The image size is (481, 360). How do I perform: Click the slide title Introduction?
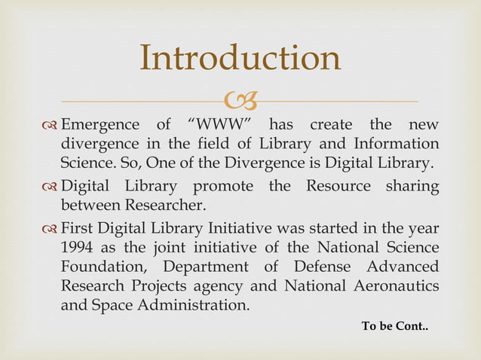pyautogui.click(x=240, y=59)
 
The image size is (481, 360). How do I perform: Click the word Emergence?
pyautogui.click(x=100, y=125)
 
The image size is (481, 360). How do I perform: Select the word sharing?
pyautogui.click(x=410, y=186)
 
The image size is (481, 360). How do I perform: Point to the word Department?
pyautogui.click(x=207, y=267)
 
